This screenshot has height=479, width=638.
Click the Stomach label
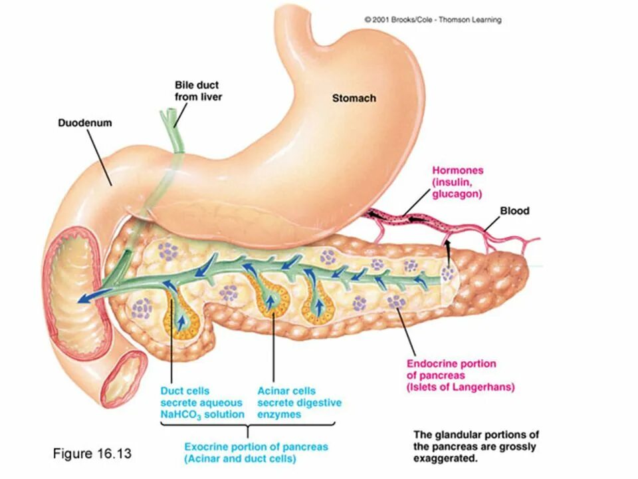click(x=354, y=98)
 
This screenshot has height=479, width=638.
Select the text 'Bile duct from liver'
click(x=197, y=91)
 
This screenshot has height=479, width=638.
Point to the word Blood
click(x=514, y=211)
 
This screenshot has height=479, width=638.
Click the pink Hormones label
click(x=458, y=170)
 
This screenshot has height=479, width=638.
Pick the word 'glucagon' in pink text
click(x=457, y=194)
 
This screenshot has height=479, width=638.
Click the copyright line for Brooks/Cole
click(x=433, y=20)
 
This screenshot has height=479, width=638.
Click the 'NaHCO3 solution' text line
click(x=202, y=414)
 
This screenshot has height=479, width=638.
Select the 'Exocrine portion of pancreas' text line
click(x=256, y=446)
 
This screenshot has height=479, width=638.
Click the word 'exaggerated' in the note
click(x=445, y=459)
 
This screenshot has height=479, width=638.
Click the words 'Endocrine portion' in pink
click(x=451, y=364)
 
